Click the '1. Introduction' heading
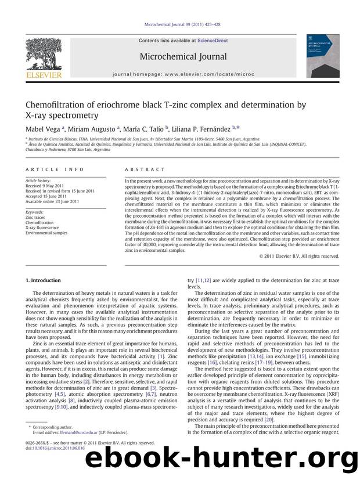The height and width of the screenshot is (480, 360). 44,280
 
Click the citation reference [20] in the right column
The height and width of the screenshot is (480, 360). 268,418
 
